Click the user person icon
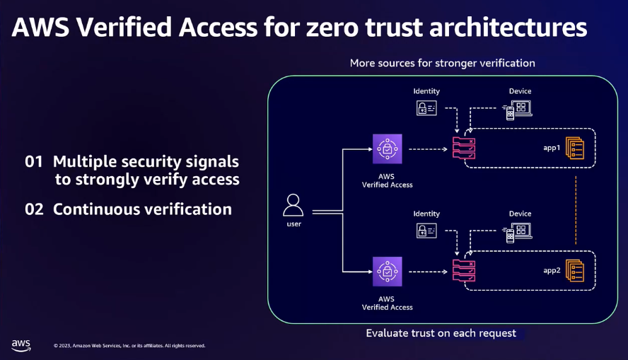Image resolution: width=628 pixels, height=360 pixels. pos(293,205)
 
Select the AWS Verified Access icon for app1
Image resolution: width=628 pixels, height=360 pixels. pos(388,149)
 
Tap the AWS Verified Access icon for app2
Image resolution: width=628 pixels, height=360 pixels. pos(388,272)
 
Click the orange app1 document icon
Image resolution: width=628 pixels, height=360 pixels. pos(575,148)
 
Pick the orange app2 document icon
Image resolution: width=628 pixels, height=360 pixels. pos(575,271)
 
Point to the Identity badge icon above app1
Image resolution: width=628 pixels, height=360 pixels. pos(426,108)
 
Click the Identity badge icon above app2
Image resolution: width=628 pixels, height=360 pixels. pos(426,231)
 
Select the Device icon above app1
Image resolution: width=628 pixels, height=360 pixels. pos(518,110)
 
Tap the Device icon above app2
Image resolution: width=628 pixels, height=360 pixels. pos(518,233)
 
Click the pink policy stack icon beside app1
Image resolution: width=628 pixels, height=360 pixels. pos(464,148)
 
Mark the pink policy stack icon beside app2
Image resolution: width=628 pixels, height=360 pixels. pos(464,271)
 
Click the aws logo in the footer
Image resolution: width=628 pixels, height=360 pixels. pos(21,345)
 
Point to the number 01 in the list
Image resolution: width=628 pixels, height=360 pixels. pos(34,162)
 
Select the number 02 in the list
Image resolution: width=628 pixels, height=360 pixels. pos(34,209)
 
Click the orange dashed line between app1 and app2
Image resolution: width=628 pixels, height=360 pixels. pos(576,210)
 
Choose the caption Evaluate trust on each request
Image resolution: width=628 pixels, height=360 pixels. pos(441,333)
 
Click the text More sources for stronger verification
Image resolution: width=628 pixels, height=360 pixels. pos(443,63)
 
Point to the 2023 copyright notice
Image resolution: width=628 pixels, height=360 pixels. pos(129,346)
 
